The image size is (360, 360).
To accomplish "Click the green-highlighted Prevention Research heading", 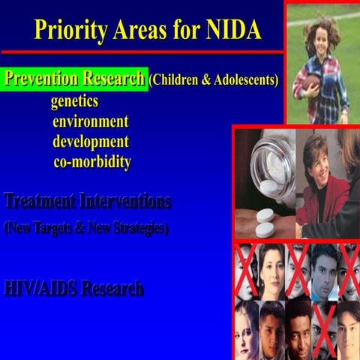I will (75, 79).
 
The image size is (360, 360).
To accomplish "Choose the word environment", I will (91, 121).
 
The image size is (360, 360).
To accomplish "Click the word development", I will (91, 142).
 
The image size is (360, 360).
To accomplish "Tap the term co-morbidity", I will (92, 162).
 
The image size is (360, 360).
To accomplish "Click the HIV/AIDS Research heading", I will (73, 288).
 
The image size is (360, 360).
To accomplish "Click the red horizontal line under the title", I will (142, 52).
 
